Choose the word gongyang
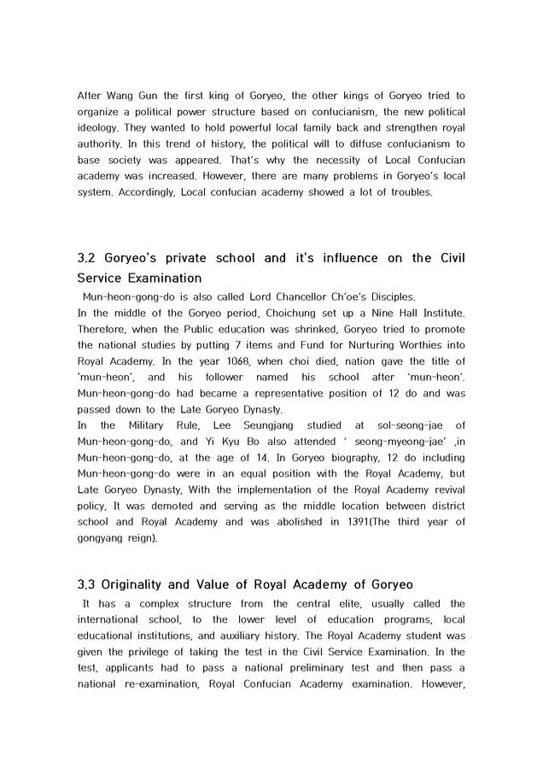point(102,538)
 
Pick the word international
point(114,619)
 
